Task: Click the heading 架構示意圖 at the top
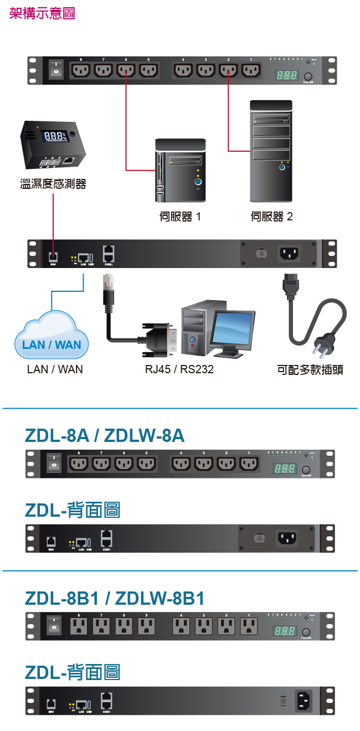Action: [x=42, y=13]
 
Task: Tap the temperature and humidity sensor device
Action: [x=53, y=145]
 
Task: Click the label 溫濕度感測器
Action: [x=53, y=184]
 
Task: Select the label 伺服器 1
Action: [x=180, y=217]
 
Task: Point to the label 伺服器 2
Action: [x=271, y=217]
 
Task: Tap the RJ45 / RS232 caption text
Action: [x=179, y=369]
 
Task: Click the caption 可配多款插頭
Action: [x=310, y=369]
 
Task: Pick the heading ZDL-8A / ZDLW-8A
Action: [x=105, y=436]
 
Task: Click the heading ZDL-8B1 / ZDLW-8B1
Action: [x=115, y=598]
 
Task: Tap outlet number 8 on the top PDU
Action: [x=80, y=71]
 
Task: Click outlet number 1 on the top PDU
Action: [x=251, y=71]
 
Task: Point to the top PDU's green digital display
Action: [x=286, y=75]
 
